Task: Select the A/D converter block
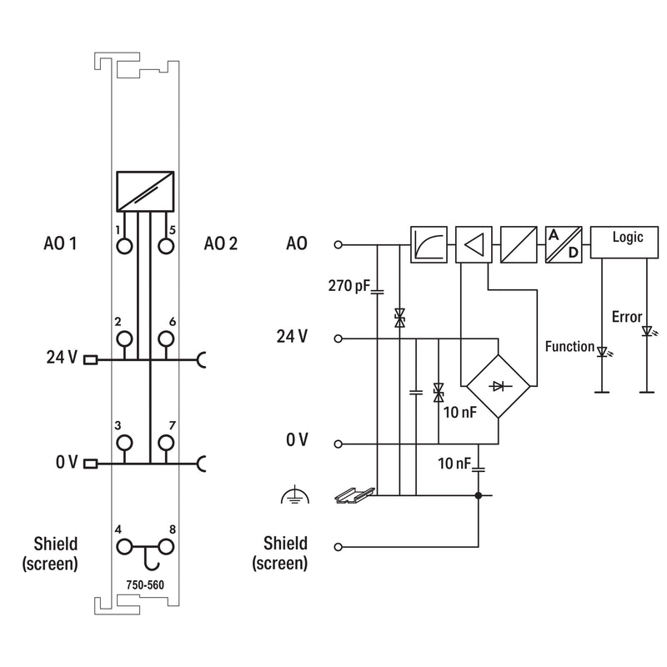click(564, 244)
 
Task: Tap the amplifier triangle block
click(474, 244)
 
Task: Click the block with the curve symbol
click(429, 244)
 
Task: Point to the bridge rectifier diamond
click(498, 386)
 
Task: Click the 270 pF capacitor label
click(349, 285)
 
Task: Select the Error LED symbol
click(648, 331)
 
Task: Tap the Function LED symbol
click(602, 352)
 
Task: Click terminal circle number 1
click(124, 246)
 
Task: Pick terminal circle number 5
click(166, 246)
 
